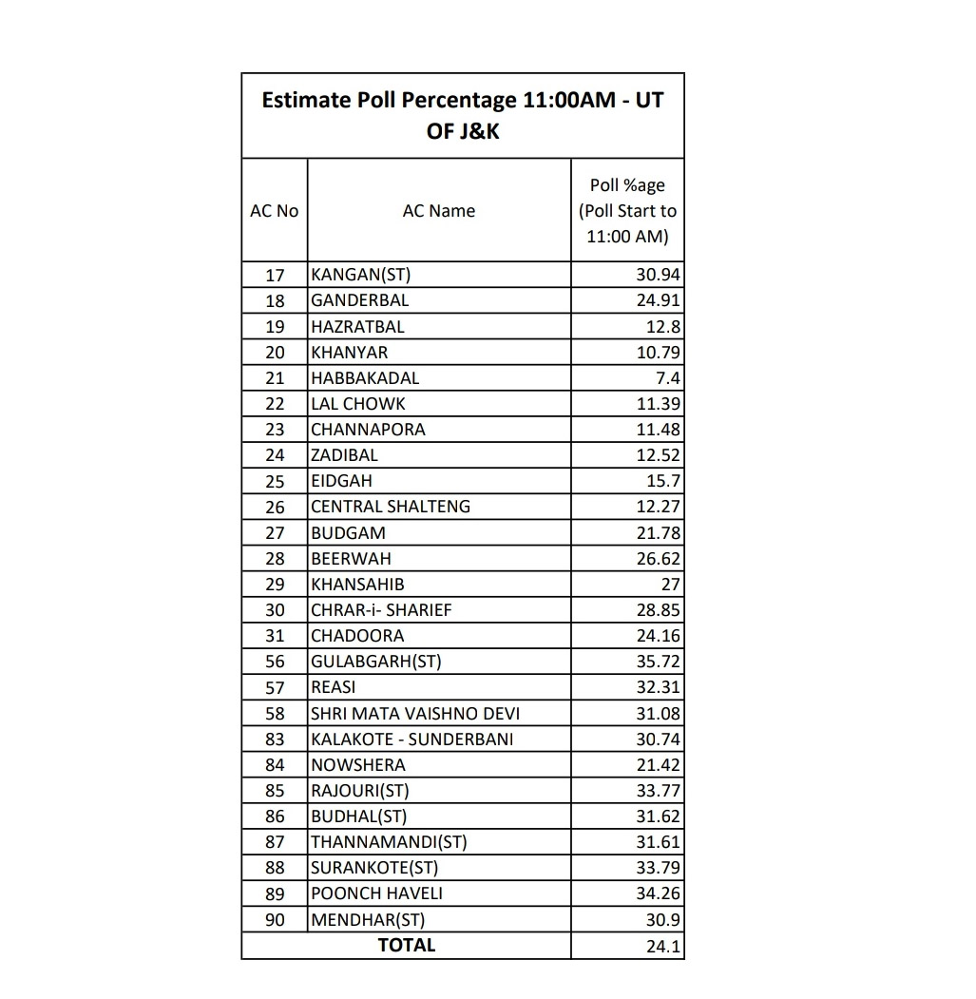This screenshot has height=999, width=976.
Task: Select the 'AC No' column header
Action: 274,211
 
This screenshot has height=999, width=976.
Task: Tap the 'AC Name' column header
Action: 439,211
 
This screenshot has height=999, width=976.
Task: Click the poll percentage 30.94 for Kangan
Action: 658,275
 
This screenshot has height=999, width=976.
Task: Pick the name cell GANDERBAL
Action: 360,300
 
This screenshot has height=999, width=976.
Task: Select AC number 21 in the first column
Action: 275,378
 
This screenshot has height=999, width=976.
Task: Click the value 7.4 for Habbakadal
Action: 667,378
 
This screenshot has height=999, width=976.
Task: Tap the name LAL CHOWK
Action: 358,404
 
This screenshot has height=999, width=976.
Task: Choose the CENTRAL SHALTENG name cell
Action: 391,507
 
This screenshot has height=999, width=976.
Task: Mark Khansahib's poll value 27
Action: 670,585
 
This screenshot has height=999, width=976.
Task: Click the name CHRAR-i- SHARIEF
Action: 382,610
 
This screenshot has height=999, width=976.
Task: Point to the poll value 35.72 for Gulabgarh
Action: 658,662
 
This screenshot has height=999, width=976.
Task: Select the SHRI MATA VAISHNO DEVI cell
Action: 415,713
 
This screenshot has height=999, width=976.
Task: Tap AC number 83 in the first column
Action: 275,740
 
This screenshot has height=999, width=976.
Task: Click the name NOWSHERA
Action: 358,765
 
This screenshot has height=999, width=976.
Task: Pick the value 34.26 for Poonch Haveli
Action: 658,893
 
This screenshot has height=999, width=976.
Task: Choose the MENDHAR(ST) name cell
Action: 368,919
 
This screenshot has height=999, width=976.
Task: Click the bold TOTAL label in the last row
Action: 406,945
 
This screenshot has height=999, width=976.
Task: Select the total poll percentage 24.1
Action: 663,946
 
